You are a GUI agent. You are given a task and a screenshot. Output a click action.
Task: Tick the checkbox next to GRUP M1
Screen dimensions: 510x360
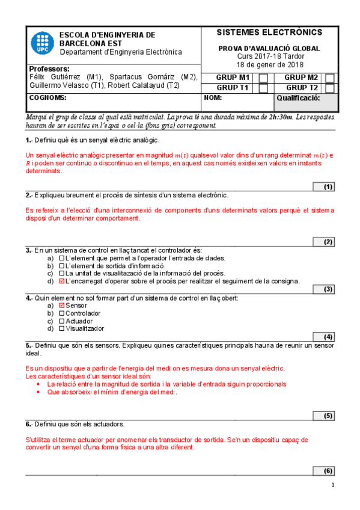click(x=263, y=78)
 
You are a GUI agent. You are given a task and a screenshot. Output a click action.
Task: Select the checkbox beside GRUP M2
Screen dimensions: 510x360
click(x=330, y=78)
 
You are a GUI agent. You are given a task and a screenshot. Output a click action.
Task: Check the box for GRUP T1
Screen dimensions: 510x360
click(x=263, y=88)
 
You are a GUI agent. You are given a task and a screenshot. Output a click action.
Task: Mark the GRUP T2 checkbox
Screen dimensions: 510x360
click(x=330, y=88)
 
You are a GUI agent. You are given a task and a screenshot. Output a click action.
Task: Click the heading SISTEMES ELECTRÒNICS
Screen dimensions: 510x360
click(x=269, y=32)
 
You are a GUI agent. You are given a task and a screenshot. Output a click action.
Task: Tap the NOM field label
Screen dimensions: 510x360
click(x=213, y=97)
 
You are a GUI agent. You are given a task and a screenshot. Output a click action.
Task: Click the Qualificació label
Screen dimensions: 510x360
click(x=298, y=97)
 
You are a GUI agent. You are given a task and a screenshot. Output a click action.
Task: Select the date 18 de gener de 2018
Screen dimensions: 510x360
click(x=270, y=64)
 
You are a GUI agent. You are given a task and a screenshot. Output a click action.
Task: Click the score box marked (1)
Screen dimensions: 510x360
click(x=328, y=187)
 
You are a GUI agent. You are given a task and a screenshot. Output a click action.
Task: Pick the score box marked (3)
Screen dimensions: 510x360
click(x=328, y=289)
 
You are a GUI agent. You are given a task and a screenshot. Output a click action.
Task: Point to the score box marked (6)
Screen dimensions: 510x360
click(x=328, y=471)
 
